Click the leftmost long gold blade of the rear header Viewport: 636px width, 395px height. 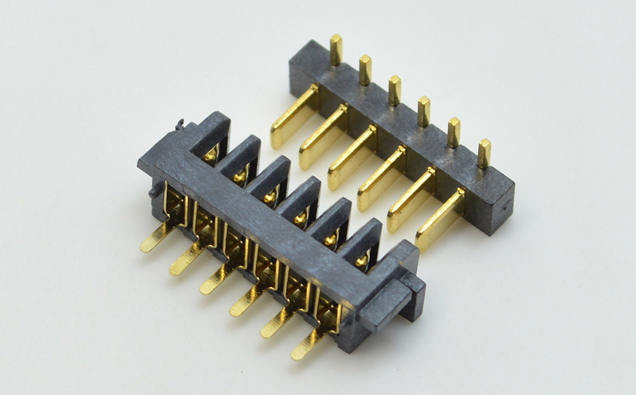[291, 119]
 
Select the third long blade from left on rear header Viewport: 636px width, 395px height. [349, 159]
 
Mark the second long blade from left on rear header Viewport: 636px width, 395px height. [321, 138]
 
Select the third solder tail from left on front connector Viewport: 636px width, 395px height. [215, 281]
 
